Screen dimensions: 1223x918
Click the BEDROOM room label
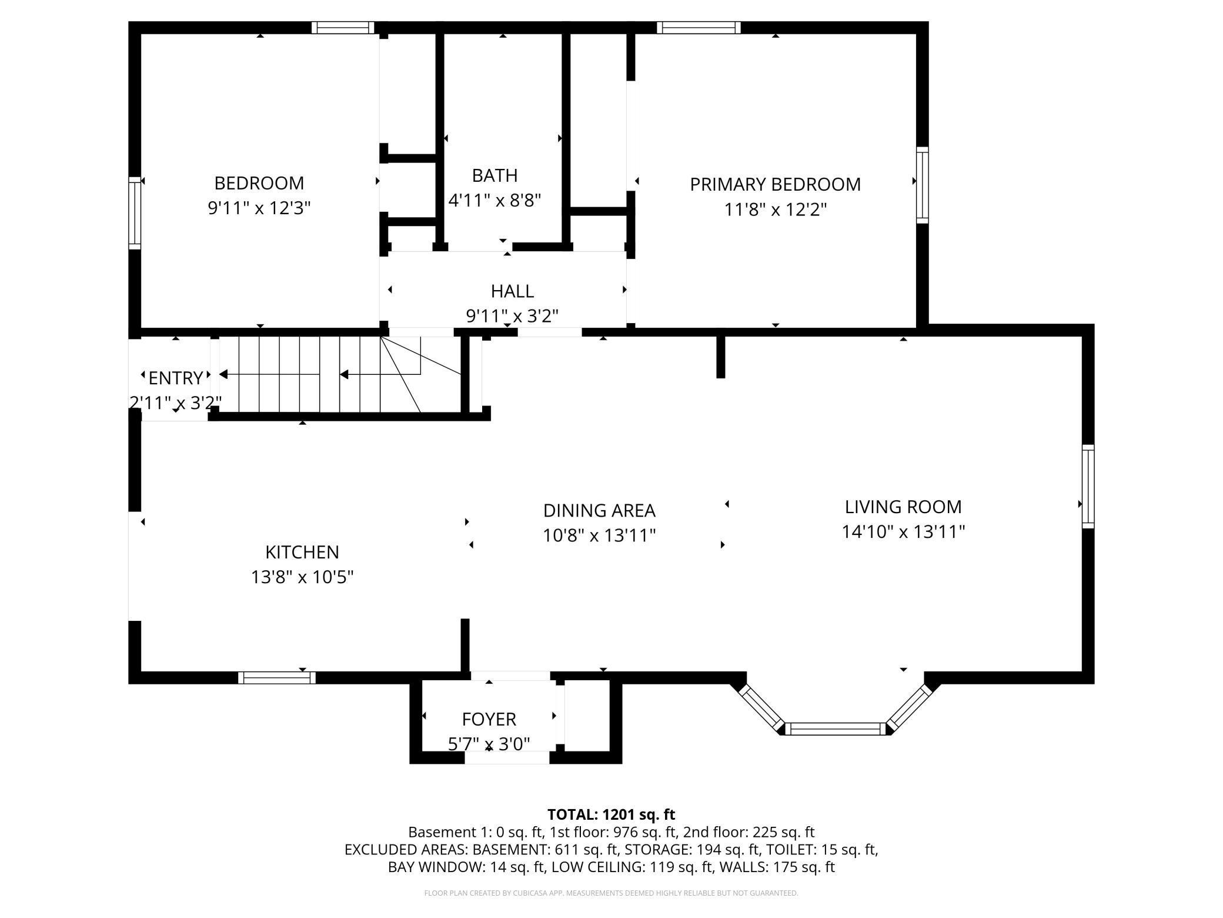(259, 183)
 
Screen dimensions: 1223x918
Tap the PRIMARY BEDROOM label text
(775, 184)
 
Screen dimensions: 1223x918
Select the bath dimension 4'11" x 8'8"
(494, 201)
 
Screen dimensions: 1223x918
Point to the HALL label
(512, 291)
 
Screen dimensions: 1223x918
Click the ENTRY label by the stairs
(176, 377)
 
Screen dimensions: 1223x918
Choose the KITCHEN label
(302, 552)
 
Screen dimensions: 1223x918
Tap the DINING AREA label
(599, 510)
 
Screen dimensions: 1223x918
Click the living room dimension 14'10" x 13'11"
(903, 532)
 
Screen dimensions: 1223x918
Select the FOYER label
(489, 719)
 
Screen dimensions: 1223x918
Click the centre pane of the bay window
(835, 729)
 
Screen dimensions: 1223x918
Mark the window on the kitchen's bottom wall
(276, 677)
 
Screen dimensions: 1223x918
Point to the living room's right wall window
(1088, 486)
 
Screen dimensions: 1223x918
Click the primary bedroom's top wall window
(699, 28)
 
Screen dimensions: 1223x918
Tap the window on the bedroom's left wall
(135, 213)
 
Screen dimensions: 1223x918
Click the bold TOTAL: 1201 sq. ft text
(611, 814)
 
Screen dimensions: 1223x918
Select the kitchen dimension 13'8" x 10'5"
(302, 577)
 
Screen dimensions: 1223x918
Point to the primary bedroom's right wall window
(922, 185)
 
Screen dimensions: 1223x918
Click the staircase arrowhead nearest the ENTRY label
(223, 374)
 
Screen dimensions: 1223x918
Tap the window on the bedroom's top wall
(343, 28)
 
